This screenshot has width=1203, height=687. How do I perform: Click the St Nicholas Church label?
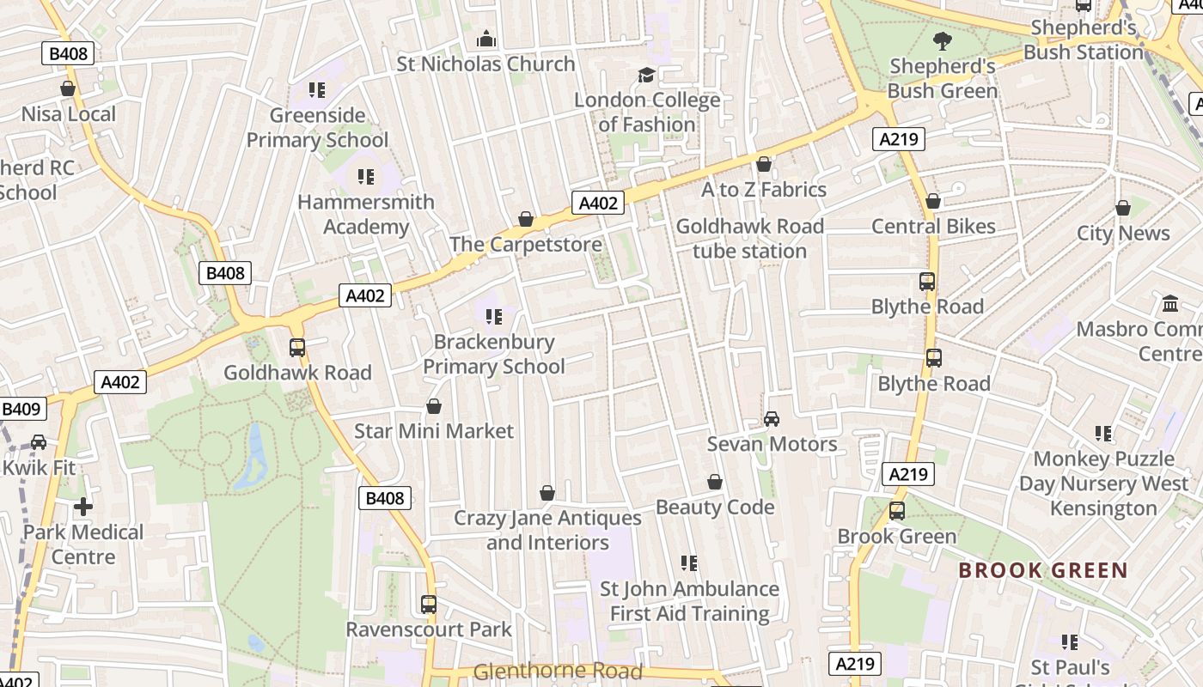[x=485, y=64]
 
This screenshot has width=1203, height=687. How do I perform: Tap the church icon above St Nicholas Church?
[x=486, y=40]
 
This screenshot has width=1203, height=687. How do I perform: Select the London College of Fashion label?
[x=647, y=112]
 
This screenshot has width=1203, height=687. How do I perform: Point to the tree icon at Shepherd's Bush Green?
[x=943, y=40]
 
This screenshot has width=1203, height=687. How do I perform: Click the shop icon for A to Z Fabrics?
[x=764, y=164]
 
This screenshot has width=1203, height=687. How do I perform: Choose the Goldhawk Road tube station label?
[x=750, y=239]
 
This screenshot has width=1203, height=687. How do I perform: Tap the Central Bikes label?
[x=933, y=227]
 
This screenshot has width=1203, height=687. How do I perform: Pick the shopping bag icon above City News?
[x=1123, y=208]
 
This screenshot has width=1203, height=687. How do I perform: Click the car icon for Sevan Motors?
[x=772, y=419]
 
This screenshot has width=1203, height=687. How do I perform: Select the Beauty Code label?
[x=715, y=508]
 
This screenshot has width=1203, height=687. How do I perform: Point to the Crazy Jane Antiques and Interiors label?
[x=547, y=531]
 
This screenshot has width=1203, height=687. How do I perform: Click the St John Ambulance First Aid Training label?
[x=689, y=601]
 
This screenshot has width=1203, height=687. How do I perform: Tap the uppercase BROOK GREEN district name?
[x=1042, y=571]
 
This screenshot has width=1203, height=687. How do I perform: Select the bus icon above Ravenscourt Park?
[x=429, y=605]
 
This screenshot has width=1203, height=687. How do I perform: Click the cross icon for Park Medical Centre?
[x=83, y=507]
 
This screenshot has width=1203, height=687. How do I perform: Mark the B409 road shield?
[x=21, y=410]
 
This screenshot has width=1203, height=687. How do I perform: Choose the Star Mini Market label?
[x=434, y=431]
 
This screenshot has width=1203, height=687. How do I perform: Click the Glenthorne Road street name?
[x=558, y=672]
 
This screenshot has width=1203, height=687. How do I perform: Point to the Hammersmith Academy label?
[x=366, y=215]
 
